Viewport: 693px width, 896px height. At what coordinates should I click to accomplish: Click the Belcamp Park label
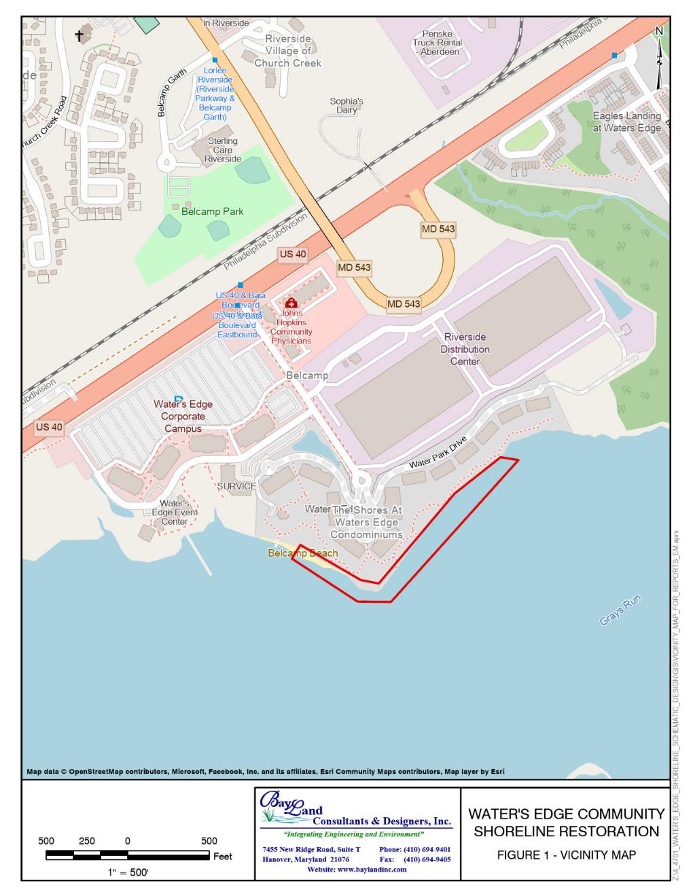tap(212, 211)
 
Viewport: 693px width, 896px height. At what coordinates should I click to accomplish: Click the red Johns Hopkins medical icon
tap(291, 303)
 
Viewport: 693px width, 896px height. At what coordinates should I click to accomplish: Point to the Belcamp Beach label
tap(302, 553)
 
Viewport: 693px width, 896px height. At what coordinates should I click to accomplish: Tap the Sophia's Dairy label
tap(346, 105)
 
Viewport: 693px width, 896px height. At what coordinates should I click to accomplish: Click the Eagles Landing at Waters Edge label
tap(626, 122)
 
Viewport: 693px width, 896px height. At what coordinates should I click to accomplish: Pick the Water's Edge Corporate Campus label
tap(183, 416)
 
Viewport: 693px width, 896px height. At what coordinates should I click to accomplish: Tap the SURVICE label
tap(236, 486)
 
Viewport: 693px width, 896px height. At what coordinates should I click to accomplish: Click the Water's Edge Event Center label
tap(175, 512)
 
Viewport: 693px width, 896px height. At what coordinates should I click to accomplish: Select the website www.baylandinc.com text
tap(357, 870)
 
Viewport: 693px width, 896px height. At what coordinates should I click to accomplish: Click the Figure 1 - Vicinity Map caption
tap(566, 855)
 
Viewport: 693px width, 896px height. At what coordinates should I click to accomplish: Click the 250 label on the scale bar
tap(87, 841)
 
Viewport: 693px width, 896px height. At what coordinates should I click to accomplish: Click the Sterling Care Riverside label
tap(223, 150)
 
